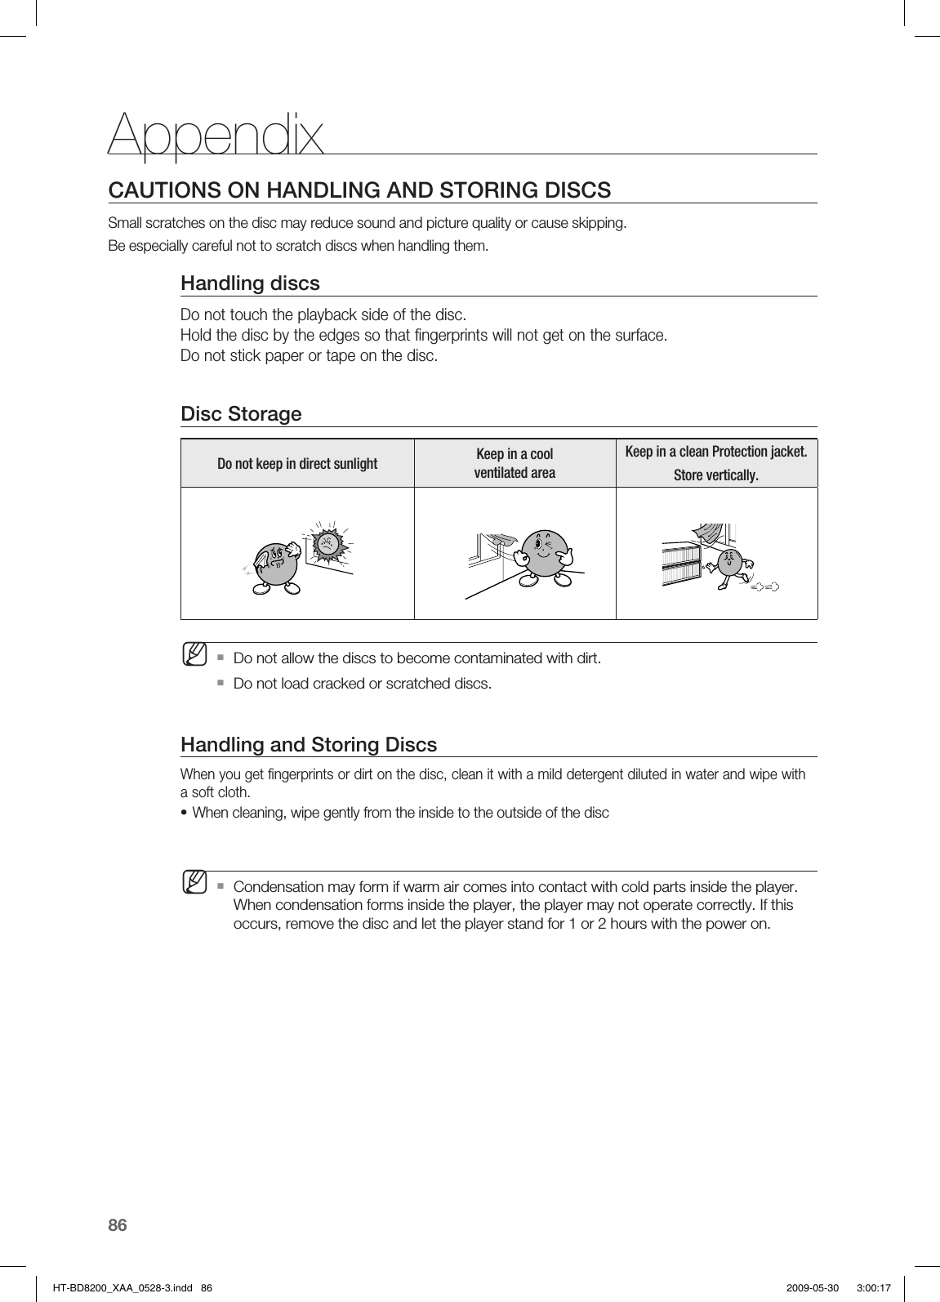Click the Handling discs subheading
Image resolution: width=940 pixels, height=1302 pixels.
pyautogui.click(x=250, y=283)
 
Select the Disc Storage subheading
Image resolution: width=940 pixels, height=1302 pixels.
pyautogui.click(x=241, y=414)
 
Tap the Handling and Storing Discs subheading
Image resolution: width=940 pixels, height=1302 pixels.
pyautogui.click(x=309, y=745)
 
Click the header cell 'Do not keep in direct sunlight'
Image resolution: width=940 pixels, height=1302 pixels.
pyautogui.click(x=297, y=464)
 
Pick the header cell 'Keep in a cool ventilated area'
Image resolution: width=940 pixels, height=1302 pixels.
pyautogui.click(x=515, y=463)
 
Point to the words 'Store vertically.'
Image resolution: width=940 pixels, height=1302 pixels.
pyautogui.click(x=715, y=475)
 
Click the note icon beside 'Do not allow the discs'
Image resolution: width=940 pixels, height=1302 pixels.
pyautogui.click(x=194, y=654)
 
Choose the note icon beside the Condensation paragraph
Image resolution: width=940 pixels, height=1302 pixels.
pyautogui.click(x=194, y=883)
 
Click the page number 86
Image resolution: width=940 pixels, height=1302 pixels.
pyautogui.click(x=118, y=1224)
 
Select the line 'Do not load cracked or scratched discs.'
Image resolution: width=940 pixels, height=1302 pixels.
pyautogui.click(x=363, y=683)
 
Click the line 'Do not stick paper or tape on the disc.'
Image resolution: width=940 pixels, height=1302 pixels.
pyautogui.click(x=309, y=356)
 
